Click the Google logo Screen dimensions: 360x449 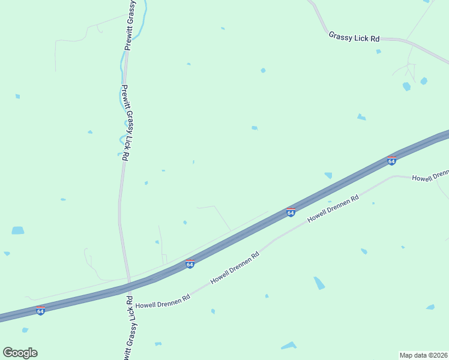(20, 353)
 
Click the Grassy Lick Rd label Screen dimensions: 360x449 (354, 37)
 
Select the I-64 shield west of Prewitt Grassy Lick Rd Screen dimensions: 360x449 (40, 311)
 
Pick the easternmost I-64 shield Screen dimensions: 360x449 (391, 160)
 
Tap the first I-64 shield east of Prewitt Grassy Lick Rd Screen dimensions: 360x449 (190, 264)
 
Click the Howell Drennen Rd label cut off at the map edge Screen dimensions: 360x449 (430, 176)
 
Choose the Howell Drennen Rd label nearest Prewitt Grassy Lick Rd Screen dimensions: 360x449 (163, 301)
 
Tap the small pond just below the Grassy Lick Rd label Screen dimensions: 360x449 (378, 52)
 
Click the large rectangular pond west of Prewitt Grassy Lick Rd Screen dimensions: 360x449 (18, 230)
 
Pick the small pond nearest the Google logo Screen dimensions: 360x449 (25, 330)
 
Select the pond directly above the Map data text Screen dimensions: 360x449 (430, 307)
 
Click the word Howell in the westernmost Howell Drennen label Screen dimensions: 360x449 (146, 304)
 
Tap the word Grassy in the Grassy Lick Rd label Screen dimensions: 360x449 (341, 36)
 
